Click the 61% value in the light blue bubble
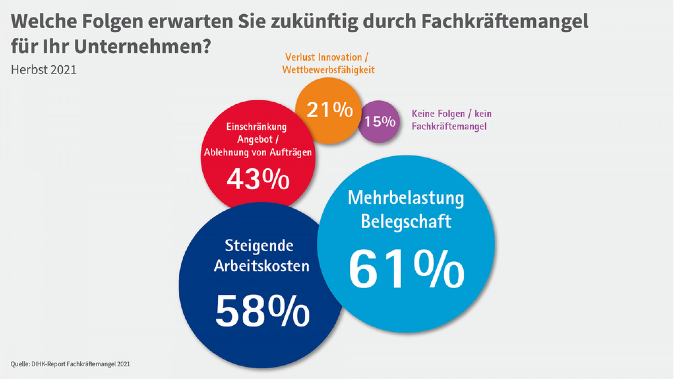tap(406, 269)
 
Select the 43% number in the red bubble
tap(258, 179)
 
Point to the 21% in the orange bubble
tap(330, 110)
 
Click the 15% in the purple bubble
tap(380, 121)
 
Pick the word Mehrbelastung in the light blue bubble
tap(406, 198)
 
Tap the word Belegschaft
tap(406, 221)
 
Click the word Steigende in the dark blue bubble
tap(259, 246)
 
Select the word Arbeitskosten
tap(261, 266)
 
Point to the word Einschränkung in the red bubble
tap(256, 127)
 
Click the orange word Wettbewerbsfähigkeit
tap(328, 70)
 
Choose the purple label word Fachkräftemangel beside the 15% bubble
tap(449, 127)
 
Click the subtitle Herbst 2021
tap(44, 70)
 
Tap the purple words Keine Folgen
tap(438, 114)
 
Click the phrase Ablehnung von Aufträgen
tap(258, 152)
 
